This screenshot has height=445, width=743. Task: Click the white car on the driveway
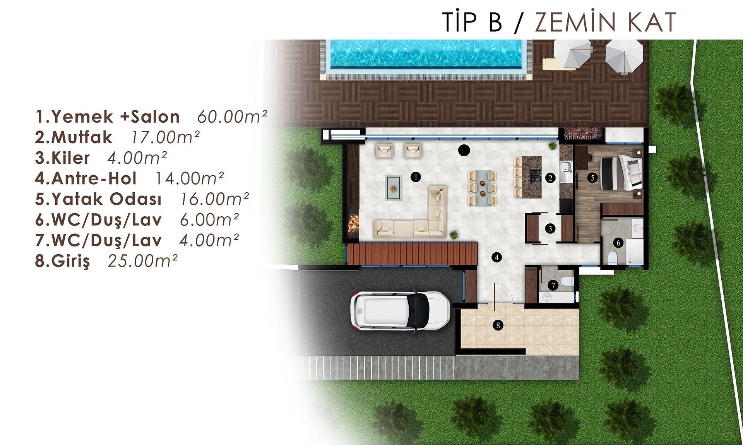(x=400, y=310)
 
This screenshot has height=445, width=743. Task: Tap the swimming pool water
(x=426, y=54)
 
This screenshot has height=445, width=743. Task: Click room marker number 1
(x=415, y=177)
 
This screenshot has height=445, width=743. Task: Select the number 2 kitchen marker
(x=550, y=178)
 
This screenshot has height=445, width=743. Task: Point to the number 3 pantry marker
(x=550, y=229)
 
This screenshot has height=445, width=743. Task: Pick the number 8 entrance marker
(x=498, y=325)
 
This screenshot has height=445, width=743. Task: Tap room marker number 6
(x=618, y=243)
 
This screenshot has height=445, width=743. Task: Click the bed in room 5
(x=621, y=172)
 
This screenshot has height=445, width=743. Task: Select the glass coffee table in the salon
(x=394, y=188)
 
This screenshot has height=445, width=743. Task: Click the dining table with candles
(x=482, y=188)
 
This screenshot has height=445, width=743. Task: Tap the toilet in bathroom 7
(x=568, y=281)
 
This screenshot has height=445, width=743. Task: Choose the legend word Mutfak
(x=82, y=137)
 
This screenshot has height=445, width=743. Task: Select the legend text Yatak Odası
(x=106, y=199)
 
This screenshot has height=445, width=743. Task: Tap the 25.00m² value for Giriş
(x=143, y=261)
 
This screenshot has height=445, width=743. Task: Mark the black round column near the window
(x=464, y=150)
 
